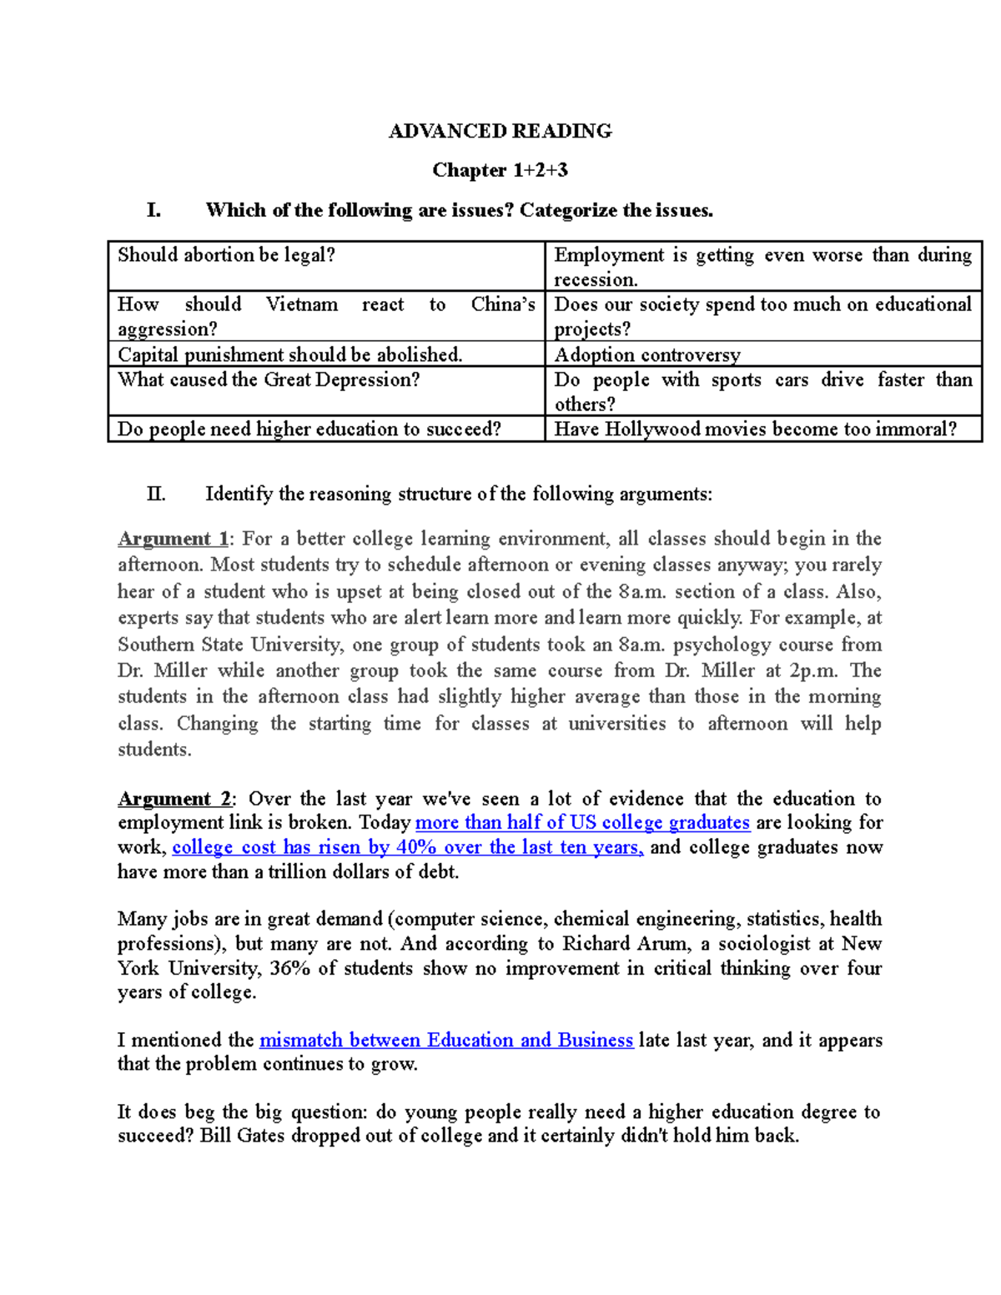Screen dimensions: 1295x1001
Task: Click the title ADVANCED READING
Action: point(500,131)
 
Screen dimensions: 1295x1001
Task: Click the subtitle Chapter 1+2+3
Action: point(500,170)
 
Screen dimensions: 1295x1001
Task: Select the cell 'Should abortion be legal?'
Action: point(226,255)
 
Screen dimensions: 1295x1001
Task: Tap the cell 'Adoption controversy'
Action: point(647,355)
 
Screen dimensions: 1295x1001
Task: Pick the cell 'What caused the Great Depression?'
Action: point(269,380)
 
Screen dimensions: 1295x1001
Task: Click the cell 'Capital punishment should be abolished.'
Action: point(289,355)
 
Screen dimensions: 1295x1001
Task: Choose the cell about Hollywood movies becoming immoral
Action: point(755,429)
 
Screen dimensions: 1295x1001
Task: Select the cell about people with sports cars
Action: point(762,391)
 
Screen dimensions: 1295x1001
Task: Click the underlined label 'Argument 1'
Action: point(173,539)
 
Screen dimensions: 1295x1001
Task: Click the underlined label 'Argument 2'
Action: point(174,799)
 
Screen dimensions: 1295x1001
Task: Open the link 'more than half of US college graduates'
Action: point(582,823)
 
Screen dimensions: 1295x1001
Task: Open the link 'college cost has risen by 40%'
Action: point(407,848)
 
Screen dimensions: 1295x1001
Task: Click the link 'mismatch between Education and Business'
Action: point(446,1041)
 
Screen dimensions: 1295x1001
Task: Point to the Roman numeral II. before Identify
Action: point(156,494)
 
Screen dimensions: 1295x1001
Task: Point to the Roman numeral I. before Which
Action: point(153,210)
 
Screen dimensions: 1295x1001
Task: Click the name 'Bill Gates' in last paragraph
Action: point(242,1136)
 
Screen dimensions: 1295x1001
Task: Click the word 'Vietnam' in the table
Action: point(302,304)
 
